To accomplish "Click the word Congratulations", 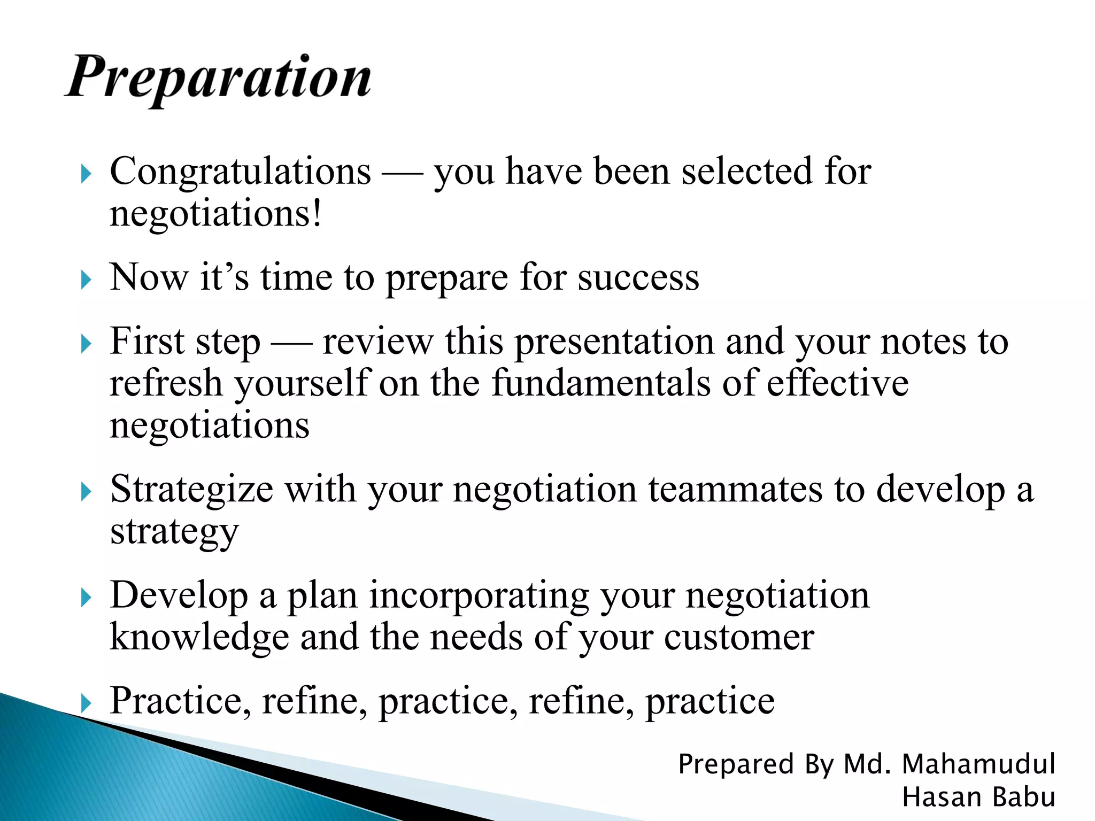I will click(x=240, y=172).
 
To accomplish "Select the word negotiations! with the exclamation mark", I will click(x=216, y=214).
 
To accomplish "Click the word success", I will click(x=638, y=278).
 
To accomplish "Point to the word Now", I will click(x=149, y=278).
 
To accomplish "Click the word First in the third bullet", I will click(x=147, y=341).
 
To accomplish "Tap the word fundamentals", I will click(x=601, y=383).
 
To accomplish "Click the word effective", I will click(x=837, y=383).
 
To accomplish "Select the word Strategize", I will click(x=191, y=489).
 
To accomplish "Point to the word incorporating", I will click(x=479, y=595).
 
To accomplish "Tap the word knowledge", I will click(x=199, y=637).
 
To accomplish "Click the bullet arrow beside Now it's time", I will click(x=86, y=280).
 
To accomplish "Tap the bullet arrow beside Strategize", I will click(x=86, y=491).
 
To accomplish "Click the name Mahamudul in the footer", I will click(x=978, y=764).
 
